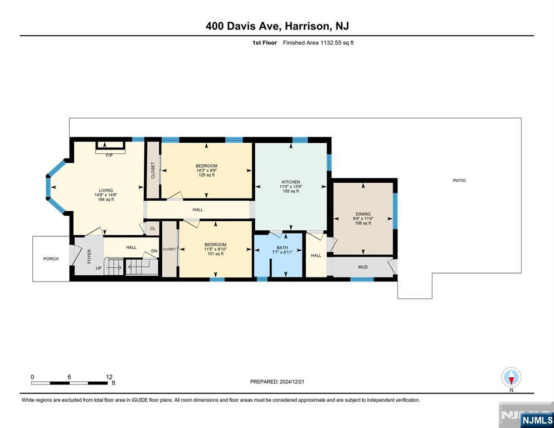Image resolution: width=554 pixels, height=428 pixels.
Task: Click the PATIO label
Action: [459, 181]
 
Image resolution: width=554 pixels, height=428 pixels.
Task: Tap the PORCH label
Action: [51, 259]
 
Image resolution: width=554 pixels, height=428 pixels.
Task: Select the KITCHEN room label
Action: [291, 182]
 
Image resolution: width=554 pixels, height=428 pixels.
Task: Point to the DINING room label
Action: [363, 214]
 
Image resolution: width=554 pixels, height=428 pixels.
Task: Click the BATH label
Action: [283, 248]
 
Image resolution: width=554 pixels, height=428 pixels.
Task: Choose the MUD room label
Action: [363, 267]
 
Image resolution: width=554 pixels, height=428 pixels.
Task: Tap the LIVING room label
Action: [106, 191]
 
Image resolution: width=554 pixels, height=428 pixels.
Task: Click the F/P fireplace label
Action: [109, 155]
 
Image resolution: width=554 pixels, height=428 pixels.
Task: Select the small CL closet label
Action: [153, 228]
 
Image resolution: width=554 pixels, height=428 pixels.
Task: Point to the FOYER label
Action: [89, 256]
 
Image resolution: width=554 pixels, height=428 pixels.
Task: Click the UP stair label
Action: [99, 268]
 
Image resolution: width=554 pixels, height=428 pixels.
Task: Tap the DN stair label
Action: [154, 251]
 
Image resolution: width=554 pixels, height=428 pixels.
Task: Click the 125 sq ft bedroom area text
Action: [206, 175]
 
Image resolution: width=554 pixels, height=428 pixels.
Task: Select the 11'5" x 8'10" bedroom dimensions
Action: [215, 249]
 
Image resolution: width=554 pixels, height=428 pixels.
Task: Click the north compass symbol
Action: [511, 378]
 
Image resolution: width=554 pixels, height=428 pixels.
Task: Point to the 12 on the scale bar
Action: [109, 377]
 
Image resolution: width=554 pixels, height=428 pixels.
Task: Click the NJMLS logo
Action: [537, 420]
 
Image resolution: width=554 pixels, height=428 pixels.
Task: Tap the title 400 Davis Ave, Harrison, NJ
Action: [277, 26]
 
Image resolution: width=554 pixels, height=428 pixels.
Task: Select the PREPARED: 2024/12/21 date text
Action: [277, 382]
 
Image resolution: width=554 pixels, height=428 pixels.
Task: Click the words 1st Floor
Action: [265, 43]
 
